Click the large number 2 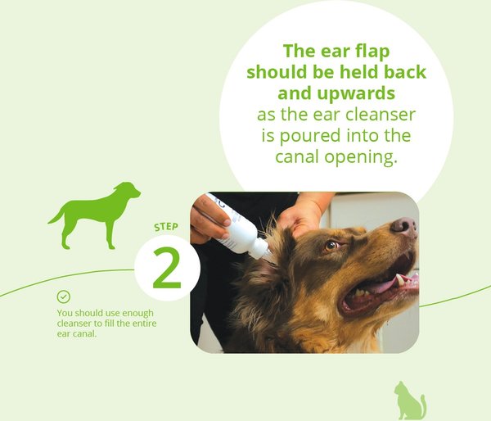pos(167,268)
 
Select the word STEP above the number pos(166,227)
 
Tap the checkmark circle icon pos(64,297)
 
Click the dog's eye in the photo pos(331,245)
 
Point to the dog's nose pos(404,226)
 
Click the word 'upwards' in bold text pos(356,93)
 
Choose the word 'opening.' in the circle pos(361,157)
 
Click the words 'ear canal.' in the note pos(77,333)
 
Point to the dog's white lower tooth pos(400,280)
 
